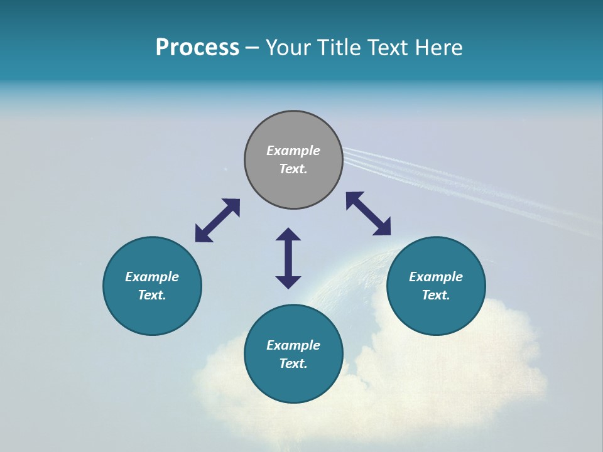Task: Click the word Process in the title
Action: [x=197, y=48]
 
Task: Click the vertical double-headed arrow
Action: [x=288, y=258]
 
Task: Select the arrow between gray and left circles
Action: [x=217, y=220]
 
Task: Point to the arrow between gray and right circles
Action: [x=368, y=213]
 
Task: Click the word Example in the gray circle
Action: [x=293, y=151]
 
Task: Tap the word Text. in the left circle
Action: [x=152, y=295]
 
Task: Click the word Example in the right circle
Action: [x=436, y=277]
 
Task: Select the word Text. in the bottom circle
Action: [x=293, y=363]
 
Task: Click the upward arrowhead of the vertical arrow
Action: [x=288, y=234]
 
